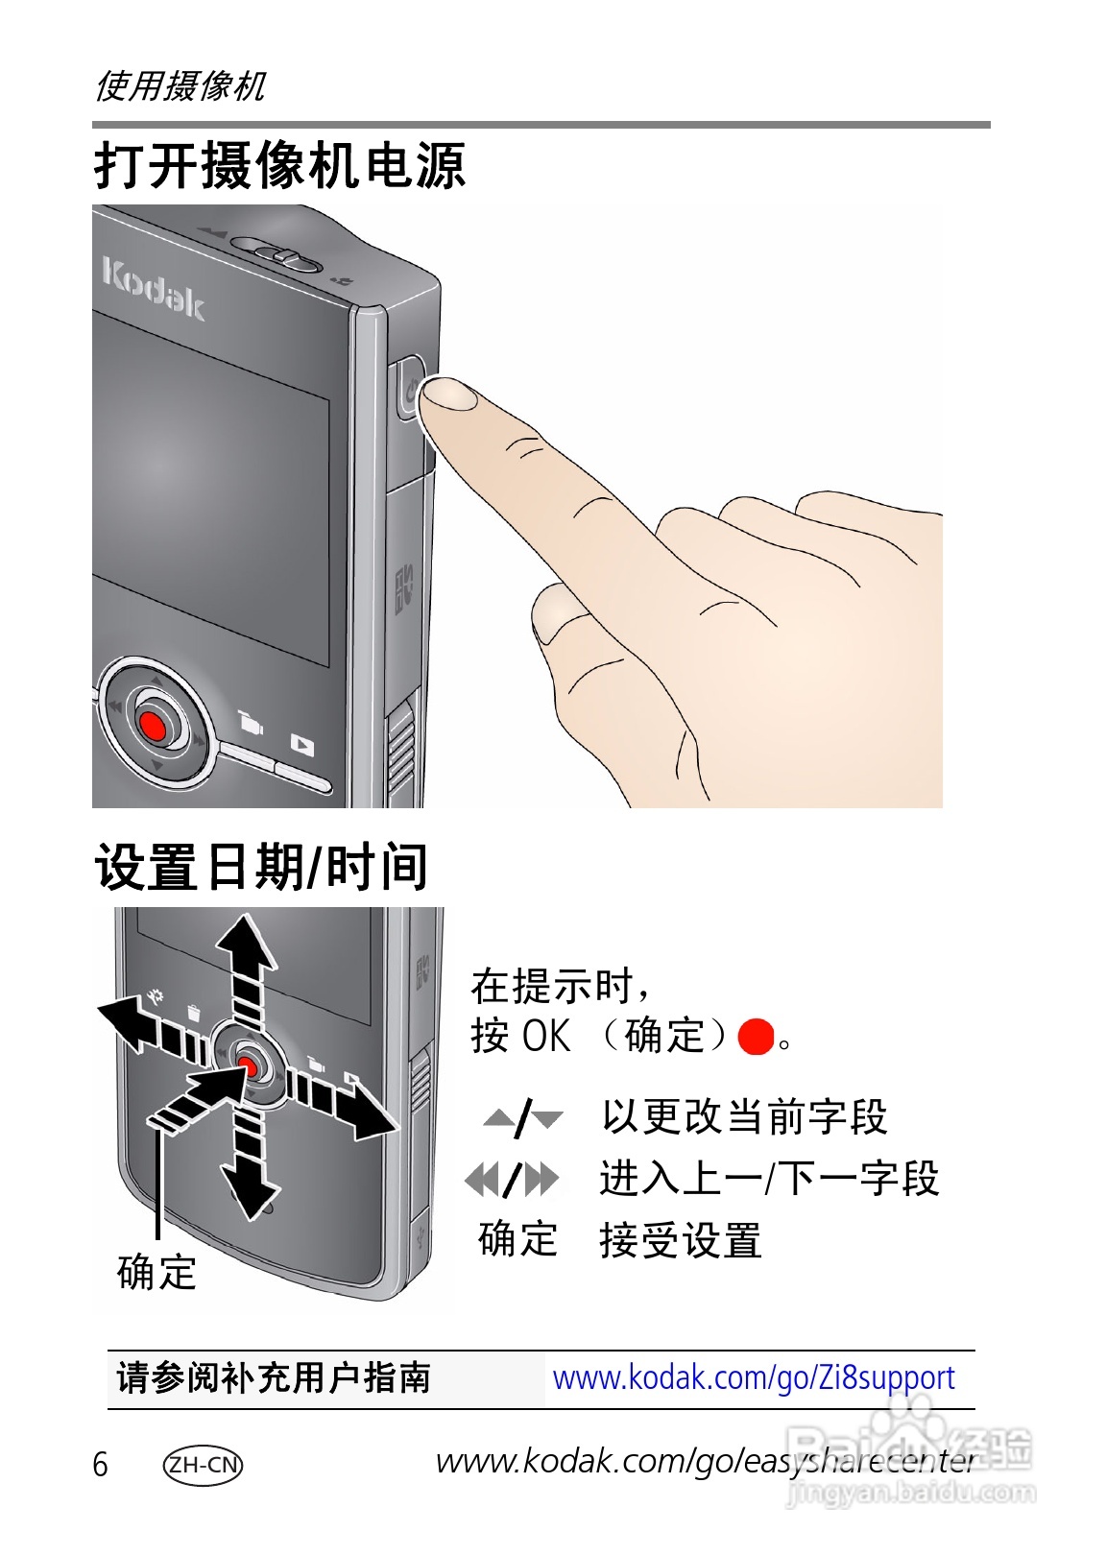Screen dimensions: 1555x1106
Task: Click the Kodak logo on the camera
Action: (x=154, y=288)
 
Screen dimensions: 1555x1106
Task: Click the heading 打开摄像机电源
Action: (x=279, y=166)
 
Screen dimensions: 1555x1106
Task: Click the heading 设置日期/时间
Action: (x=261, y=867)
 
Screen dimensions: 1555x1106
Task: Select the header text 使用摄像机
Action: (x=180, y=86)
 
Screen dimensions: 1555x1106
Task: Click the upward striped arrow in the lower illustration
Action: (x=247, y=965)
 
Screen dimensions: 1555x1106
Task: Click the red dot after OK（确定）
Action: (x=756, y=1038)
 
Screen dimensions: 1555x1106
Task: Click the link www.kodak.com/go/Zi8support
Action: (x=754, y=1378)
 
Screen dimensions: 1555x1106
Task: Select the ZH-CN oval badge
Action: (x=204, y=1465)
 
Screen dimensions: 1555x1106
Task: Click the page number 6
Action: (x=100, y=1465)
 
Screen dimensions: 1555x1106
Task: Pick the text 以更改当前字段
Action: (x=744, y=1117)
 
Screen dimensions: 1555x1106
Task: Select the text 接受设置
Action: (x=680, y=1240)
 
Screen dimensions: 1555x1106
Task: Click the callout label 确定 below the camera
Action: (x=156, y=1273)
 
